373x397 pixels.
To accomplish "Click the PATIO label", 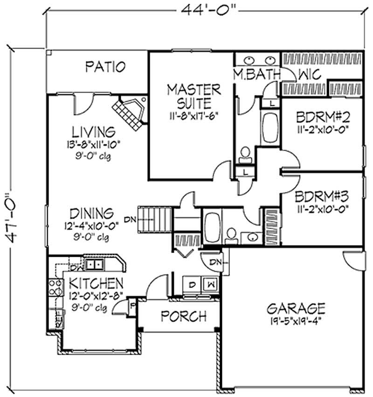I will (105, 67).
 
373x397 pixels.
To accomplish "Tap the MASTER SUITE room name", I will (194, 96).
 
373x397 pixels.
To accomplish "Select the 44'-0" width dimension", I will (205, 9).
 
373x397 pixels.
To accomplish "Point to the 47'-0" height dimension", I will (14, 219).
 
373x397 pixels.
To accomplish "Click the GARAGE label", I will (296, 308).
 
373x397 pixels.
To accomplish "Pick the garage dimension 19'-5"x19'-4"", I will (296, 321).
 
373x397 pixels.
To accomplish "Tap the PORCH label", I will (183, 316).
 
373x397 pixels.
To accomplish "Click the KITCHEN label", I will (97, 283).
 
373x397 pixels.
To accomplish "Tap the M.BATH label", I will (256, 75).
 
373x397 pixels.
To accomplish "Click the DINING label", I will (91, 214).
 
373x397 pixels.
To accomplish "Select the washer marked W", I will (210, 283).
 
